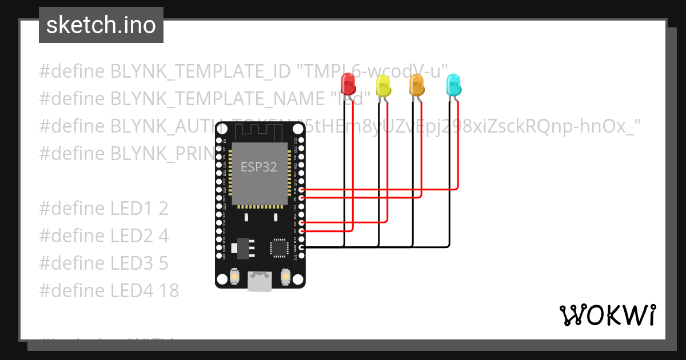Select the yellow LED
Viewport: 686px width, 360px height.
[x=383, y=86]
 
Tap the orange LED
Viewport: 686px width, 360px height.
[x=417, y=85]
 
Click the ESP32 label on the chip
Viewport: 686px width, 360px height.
[x=258, y=167]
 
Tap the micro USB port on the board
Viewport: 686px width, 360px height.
[x=260, y=281]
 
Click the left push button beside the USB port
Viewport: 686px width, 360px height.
[x=234, y=277]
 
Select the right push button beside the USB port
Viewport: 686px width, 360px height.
[x=286, y=277]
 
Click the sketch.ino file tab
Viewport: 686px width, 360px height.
[x=101, y=25]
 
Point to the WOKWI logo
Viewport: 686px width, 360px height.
[x=607, y=315]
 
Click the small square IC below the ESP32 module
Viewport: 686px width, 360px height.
[x=279, y=247]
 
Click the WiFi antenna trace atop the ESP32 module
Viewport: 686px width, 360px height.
[x=260, y=134]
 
